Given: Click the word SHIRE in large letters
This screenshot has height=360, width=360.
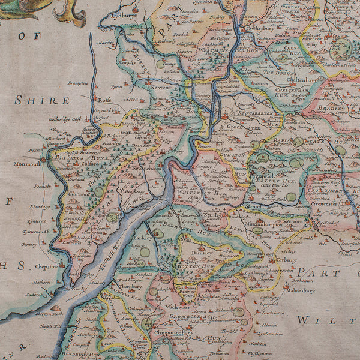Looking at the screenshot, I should pos(42,100).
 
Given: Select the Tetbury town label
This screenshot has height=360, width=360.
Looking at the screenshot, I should pos(286,261).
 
